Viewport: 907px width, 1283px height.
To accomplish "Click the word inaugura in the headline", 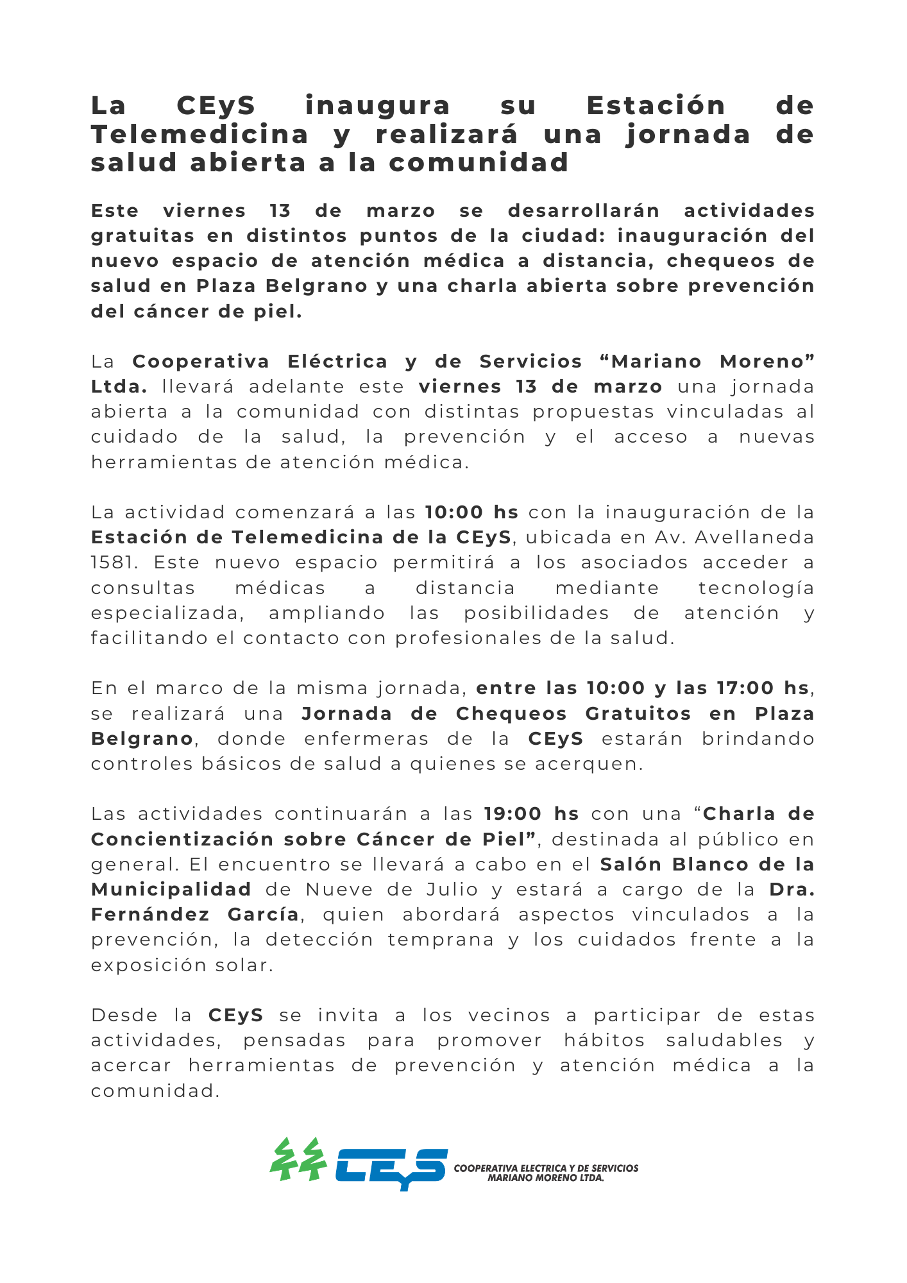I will (377, 106).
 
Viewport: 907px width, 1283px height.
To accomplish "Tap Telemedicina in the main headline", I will (199, 135).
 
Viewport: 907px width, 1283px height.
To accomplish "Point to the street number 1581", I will (114, 563).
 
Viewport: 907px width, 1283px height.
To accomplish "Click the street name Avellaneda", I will (754, 538).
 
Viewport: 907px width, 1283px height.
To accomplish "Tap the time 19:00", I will (513, 814).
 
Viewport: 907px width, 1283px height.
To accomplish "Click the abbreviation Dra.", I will (792, 890).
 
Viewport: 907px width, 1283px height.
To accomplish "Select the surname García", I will (263, 915).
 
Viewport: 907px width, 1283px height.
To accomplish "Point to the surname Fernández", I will (150, 915).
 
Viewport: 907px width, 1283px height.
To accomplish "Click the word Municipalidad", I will (171, 890).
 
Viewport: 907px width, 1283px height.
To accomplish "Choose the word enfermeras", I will (366, 739).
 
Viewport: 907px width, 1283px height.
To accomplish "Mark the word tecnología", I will (756, 588).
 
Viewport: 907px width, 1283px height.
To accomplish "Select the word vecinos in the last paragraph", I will (509, 1015).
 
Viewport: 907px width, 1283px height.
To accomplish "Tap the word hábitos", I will (604, 1041).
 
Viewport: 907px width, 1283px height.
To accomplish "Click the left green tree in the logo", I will (283, 1159).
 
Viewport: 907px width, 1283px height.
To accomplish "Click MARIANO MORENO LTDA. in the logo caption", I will (546, 1178).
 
